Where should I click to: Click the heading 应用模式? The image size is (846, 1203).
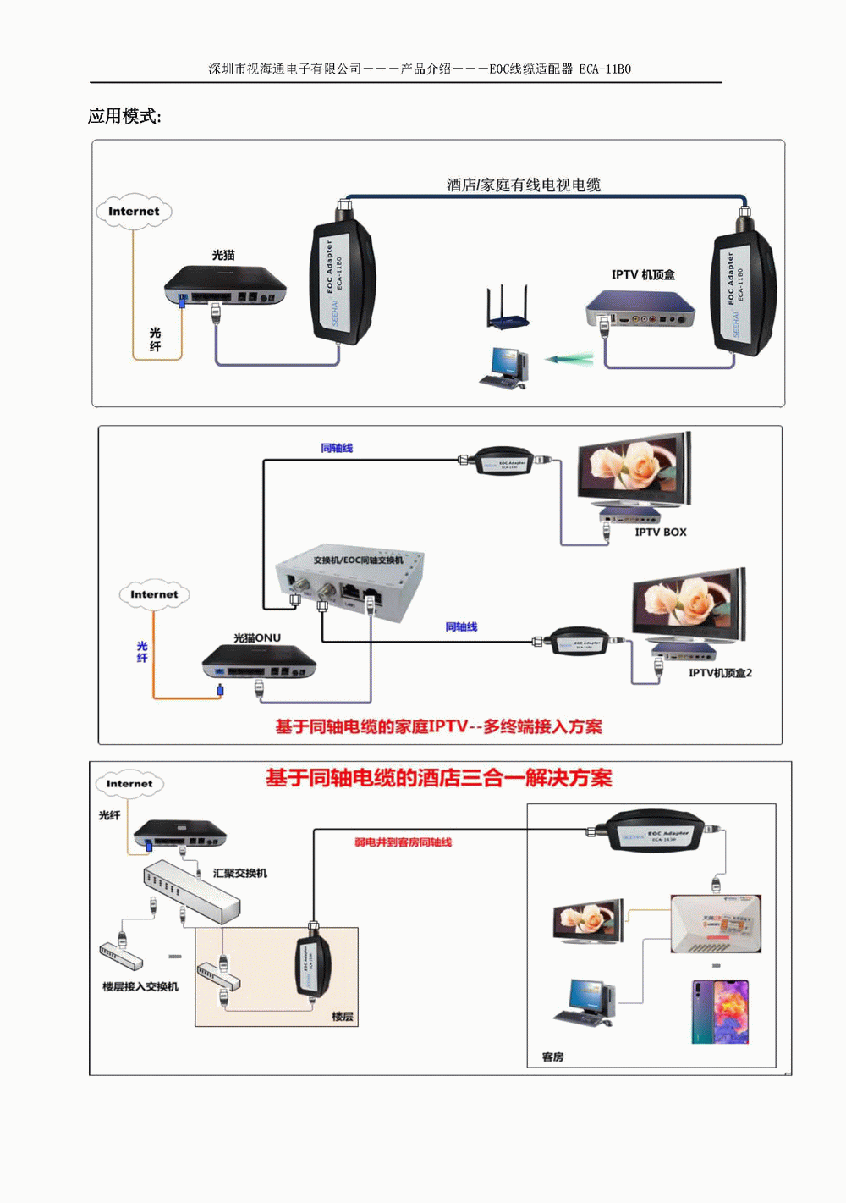point(124,117)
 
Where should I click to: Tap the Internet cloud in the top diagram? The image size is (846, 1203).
point(134,212)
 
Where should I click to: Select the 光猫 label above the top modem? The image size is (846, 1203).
point(223,255)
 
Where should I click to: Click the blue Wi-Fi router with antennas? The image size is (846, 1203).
point(508,309)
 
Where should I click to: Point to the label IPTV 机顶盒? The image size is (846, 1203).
point(643,274)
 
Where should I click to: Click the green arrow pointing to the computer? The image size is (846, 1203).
point(569,359)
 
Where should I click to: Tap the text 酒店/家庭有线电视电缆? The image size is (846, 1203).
point(524,185)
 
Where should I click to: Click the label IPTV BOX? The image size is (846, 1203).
point(661,533)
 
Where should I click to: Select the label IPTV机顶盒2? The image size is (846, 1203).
point(720,673)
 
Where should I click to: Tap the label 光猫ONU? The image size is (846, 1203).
point(257,637)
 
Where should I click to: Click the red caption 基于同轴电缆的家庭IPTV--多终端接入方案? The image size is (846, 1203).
point(438,726)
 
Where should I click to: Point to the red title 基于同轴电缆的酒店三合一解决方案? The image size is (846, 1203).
point(438,778)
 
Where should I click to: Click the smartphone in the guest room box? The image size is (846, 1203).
point(720,1013)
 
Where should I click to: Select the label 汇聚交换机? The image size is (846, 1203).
point(240,873)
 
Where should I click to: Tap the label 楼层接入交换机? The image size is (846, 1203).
point(140,986)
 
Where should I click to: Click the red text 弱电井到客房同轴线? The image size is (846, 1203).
point(403,842)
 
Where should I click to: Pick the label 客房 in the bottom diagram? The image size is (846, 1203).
point(552,1057)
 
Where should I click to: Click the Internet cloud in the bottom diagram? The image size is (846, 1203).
point(129,784)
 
